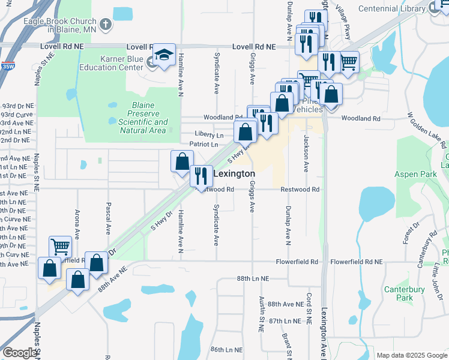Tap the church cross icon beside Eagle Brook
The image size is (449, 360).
tap(106, 25)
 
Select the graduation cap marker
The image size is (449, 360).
tap(164, 55)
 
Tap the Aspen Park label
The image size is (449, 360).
tap(414, 174)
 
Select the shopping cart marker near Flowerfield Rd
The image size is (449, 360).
tap(60, 247)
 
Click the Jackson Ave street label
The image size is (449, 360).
tap(306, 154)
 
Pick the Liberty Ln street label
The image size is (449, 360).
tap(209, 134)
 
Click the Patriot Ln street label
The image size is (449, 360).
tap(204, 145)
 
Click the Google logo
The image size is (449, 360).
tap(20, 353)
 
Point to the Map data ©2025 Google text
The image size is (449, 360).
tap(411, 355)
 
